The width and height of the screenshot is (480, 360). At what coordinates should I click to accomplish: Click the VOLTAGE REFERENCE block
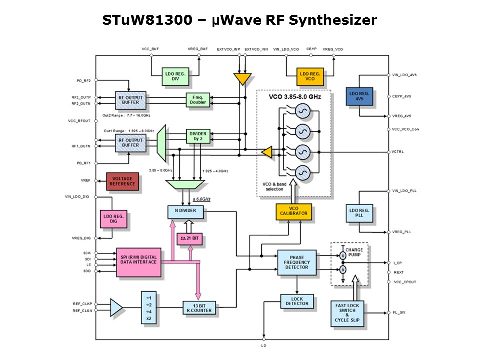coord(123,181)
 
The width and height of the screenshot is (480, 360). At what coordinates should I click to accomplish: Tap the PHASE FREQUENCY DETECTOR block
coord(297,262)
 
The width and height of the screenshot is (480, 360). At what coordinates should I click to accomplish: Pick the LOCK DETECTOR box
coord(297,302)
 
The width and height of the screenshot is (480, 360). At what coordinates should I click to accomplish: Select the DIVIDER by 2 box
coord(198,136)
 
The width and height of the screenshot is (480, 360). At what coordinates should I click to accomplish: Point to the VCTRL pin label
coord(398,152)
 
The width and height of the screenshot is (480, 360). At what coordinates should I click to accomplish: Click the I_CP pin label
coord(397,263)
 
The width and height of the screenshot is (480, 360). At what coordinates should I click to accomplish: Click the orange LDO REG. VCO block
coord(310,76)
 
